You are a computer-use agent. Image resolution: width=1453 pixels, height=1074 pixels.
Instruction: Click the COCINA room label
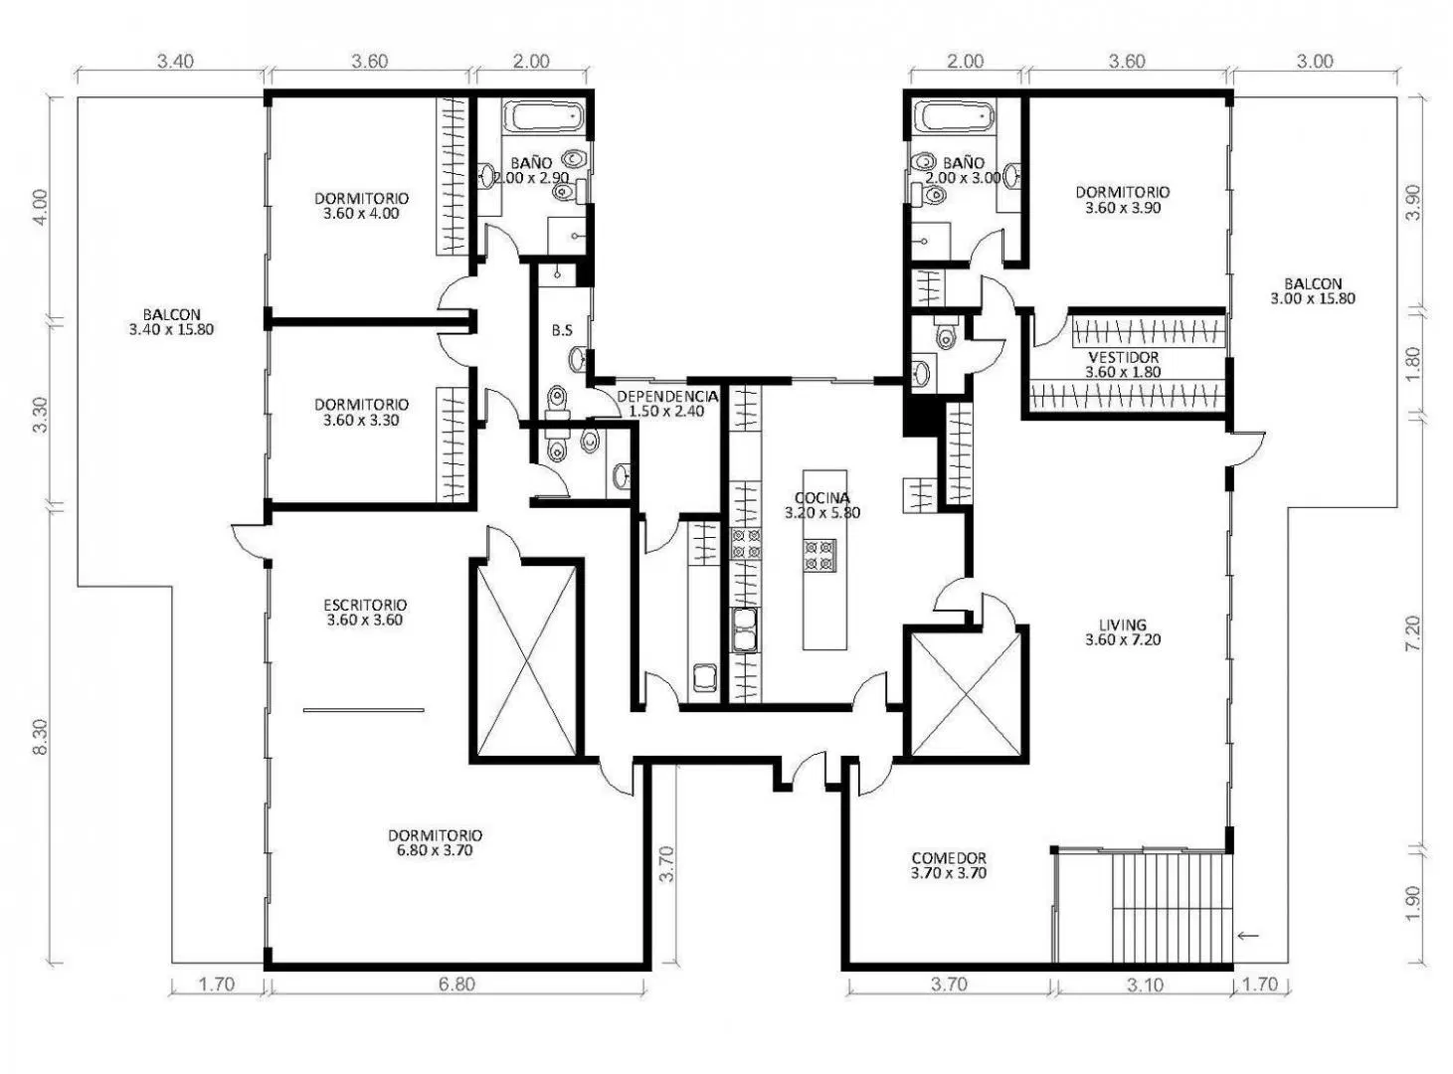pos(821,498)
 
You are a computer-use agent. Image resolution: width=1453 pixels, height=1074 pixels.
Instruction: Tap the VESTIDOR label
pos(1123,358)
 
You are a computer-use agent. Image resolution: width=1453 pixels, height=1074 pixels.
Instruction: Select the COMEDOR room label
pos(949,858)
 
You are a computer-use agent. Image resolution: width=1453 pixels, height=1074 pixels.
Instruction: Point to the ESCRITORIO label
pos(365,605)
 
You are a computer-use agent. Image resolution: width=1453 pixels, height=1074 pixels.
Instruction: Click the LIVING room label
pos(1123,625)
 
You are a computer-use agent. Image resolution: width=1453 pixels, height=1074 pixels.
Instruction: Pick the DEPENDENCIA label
pos(667,397)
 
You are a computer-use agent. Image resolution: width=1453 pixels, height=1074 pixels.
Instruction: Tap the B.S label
pos(562,331)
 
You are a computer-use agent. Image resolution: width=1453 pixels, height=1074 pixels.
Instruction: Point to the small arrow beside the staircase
pos(1248,936)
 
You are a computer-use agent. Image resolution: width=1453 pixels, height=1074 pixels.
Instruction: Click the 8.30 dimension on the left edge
pos(41,737)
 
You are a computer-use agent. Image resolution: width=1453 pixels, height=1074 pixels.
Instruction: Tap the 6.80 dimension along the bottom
pos(456,984)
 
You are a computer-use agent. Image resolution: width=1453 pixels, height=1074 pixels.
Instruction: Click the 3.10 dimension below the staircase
pos(1145,984)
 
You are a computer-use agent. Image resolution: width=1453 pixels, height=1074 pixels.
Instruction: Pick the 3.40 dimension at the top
pos(176,62)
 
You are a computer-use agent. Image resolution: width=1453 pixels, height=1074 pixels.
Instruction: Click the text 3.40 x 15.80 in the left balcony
pos(172,329)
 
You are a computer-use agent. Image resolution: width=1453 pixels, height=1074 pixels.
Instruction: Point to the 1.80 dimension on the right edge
pos(1412,362)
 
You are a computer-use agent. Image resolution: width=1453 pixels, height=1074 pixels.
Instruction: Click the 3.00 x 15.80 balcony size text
pos(1313,298)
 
